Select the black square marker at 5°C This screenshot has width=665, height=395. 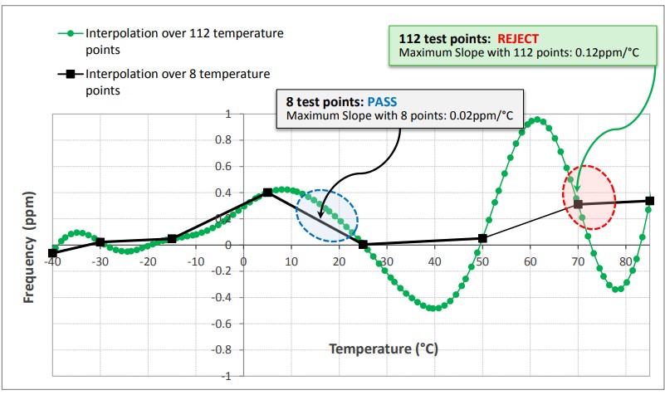click(267, 193)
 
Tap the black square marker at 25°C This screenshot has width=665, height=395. click(364, 245)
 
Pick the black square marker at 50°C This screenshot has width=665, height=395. click(483, 238)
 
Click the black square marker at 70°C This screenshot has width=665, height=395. click(579, 204)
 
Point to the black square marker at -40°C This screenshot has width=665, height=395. click(53, 253)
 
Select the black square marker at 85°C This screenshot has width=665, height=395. click(650, 201)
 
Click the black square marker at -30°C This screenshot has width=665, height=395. click(100, 242)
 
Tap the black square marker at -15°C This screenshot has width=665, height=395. click(172, 239)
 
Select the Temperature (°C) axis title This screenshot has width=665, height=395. click(380, 349)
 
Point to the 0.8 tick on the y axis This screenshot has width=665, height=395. click(219, 140)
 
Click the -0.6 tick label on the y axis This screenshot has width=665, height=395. click(218, 324)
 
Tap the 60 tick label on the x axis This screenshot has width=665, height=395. click(530, 263)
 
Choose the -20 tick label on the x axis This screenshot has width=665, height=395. click(147, 263)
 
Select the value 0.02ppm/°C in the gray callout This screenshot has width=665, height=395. click(482, 116)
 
